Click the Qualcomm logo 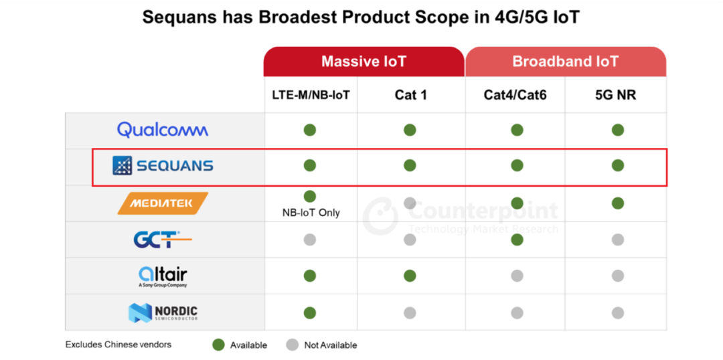tap(162, 130)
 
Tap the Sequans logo tap(163, 165)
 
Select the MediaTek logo tap(163, 203)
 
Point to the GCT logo tap(162, 240)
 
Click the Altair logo tap(163, 276)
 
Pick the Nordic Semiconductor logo tap(163, 312)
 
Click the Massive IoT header tap(364, 62)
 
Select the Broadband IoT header tap(565, 62)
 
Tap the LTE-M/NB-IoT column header tap(311, 96)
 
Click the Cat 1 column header tap(410, 95)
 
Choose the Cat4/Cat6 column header tap(515, 95)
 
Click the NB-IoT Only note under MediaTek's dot tap(311, 213)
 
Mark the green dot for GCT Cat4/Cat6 tap(517, 240)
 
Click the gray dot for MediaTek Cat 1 tap(410, 203)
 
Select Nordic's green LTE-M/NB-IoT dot tap(310, 313)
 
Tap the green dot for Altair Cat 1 tap(410, 276)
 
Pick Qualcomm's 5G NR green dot tap(618, 130)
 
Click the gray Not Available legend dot tap(292, 345)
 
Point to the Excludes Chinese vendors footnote tap(118, 345)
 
